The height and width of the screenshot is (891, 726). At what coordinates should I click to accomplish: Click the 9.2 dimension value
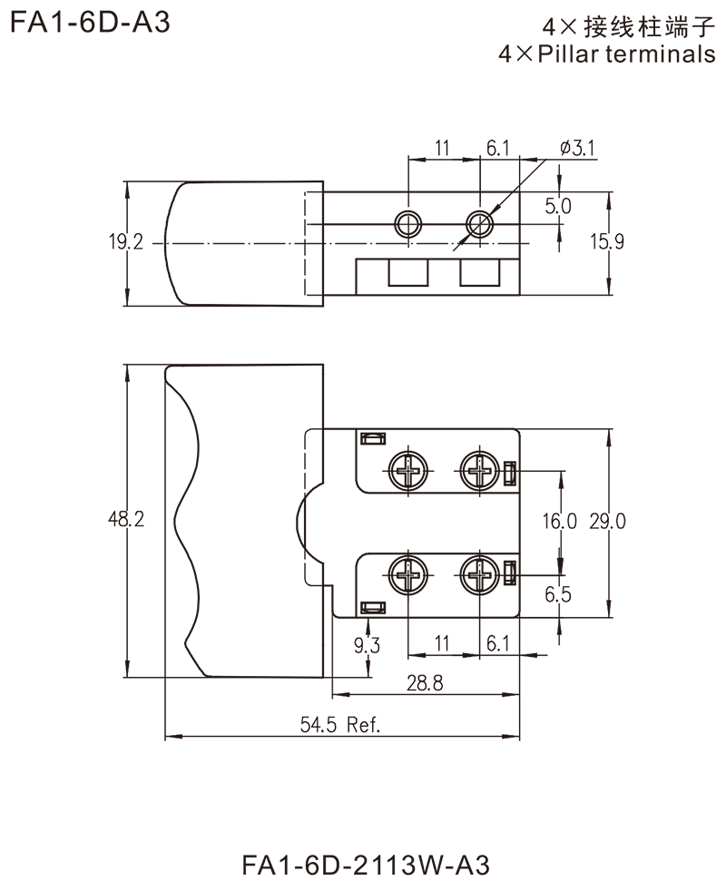[130, 240]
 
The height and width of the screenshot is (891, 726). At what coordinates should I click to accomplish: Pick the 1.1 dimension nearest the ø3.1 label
[444, 146]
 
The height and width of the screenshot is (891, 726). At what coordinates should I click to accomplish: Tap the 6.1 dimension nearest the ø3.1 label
[495, 147]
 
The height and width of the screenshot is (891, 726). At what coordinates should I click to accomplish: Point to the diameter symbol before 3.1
[565, 147]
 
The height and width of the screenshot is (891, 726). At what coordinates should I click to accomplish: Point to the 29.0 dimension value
[610, 521]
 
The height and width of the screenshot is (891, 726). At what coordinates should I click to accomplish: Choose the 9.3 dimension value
[368, 645]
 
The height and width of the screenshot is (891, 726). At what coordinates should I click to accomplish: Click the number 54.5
[319, 723]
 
